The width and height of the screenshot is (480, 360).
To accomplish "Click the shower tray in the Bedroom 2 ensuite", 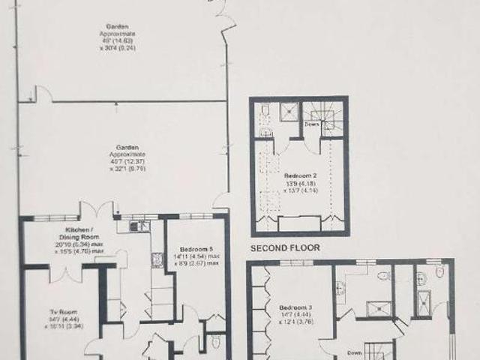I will click(289, 111).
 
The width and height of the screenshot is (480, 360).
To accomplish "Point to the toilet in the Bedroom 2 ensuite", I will click(265, 112).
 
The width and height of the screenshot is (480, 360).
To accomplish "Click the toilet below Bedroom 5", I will click(216, 343).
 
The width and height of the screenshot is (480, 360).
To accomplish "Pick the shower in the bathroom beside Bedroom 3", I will click(373, 310).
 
